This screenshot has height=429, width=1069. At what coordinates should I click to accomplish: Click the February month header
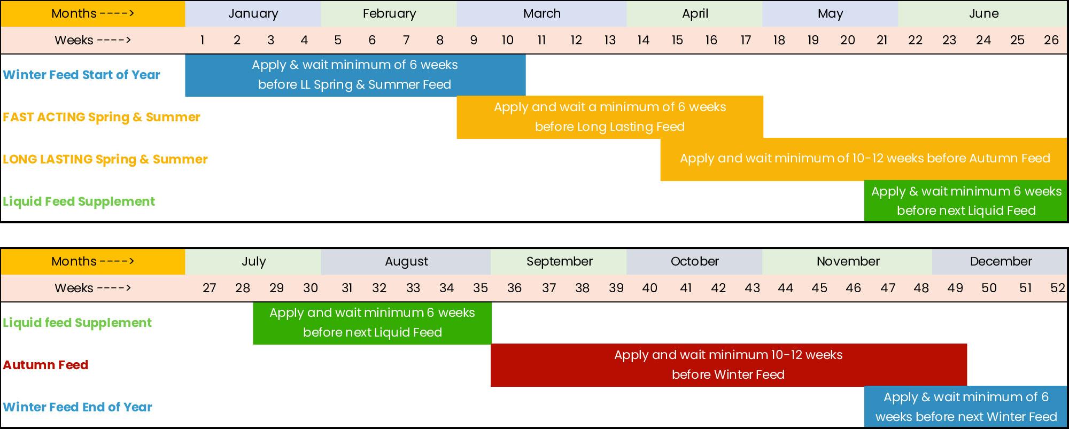[389, 14]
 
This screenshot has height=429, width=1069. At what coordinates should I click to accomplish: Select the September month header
[559, 262]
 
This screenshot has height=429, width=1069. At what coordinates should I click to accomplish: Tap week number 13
[610, 41]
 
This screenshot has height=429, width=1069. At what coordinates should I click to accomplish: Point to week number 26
[1051, 41]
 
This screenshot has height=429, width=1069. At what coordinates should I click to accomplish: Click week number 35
[481, 288]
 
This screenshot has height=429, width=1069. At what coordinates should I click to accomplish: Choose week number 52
[1057, 288]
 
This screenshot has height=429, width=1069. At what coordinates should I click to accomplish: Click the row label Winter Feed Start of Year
[81, 75]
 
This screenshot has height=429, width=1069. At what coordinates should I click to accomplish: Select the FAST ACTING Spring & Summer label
[102, 117]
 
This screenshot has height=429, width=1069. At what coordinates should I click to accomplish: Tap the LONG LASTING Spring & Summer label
[105, 159]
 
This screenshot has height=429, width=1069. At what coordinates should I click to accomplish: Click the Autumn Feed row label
[45, 365]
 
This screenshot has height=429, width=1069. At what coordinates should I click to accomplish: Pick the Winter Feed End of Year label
[78, 407]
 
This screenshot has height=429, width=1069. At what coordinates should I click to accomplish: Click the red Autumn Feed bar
[729, 365]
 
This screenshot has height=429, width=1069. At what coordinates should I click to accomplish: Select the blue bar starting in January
[355, 75]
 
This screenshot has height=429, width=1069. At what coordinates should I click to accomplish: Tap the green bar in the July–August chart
[372, 323]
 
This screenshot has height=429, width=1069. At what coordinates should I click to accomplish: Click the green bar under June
[965, 201]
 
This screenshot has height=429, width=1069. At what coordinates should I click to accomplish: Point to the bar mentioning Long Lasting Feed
[610, 117]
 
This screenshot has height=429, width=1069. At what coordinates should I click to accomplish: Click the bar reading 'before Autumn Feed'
[864, 159]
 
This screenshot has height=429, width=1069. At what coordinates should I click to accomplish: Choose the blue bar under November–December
[965, 407]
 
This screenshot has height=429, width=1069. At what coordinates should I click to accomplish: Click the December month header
[1000, 262]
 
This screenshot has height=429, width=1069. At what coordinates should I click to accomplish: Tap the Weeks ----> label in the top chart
[93, 41]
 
